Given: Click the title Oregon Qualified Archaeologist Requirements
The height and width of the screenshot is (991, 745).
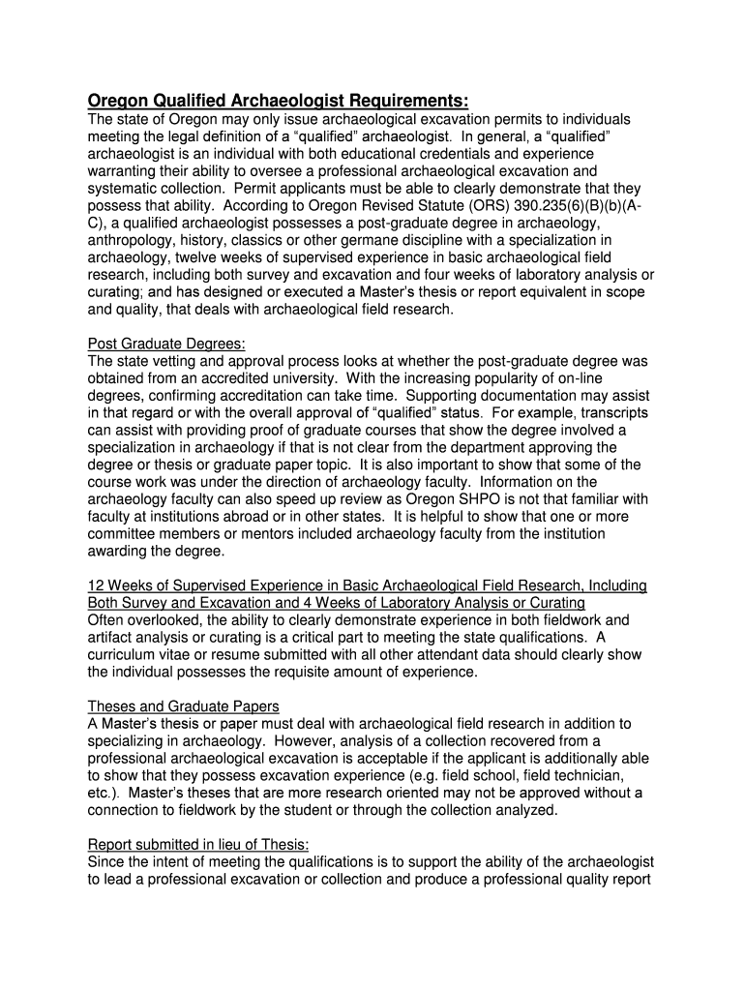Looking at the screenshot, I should point(278,101).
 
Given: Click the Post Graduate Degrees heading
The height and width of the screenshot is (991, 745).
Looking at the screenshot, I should point(166,344).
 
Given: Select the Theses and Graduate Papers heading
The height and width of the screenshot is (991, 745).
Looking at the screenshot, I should point(184,706).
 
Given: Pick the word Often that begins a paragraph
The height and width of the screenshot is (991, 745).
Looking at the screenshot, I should point(107,619).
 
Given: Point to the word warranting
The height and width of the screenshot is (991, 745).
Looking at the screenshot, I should point(126,171).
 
